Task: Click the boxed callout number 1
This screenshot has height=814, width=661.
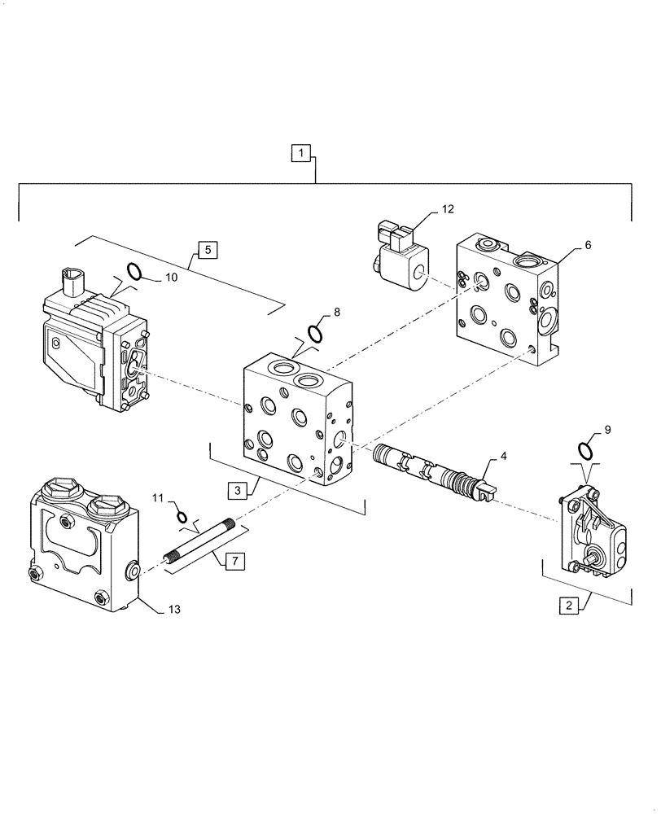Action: pos(301,152)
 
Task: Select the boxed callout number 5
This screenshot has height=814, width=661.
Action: pos(207,250)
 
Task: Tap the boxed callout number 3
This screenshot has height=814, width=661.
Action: pos(237,490)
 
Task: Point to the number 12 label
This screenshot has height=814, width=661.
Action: pos(448,209)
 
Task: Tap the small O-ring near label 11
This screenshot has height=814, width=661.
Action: pos(183,516)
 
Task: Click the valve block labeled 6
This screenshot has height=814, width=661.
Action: pos(506,301)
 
